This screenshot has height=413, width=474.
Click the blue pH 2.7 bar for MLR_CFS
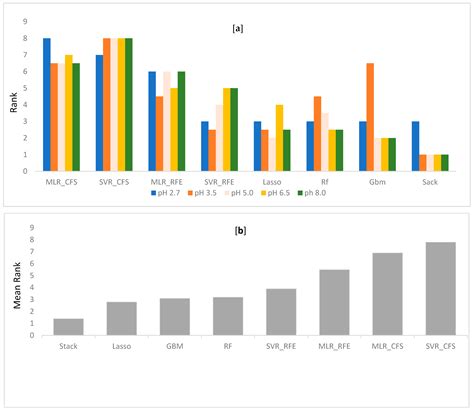(47, 104)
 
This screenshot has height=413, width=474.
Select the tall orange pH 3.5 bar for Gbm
(370, 117)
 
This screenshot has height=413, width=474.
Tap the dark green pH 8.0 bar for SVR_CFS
(128, 104)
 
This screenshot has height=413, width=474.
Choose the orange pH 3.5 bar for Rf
(317, 133)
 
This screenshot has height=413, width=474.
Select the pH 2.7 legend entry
(167, 193)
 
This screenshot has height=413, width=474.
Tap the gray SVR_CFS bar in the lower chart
(440, 288)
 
